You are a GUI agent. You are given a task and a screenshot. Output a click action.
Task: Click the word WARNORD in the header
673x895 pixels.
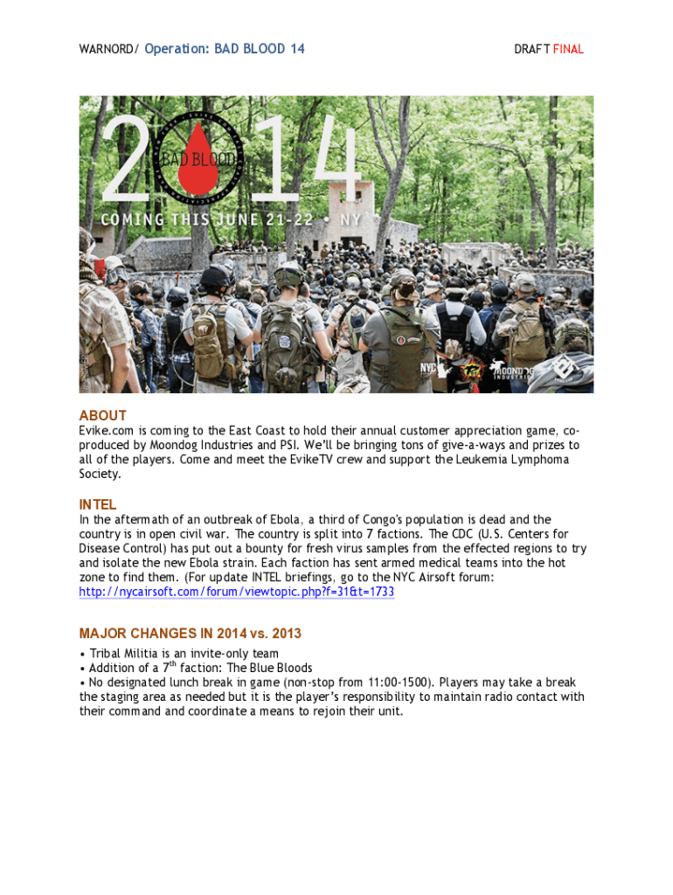coord(106,50)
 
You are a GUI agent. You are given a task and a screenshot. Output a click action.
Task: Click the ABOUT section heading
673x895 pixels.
coord(103,416)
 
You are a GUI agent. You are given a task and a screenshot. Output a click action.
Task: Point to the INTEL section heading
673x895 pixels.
coord(98,505)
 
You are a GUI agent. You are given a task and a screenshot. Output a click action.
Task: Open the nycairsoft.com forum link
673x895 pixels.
coord(236,593)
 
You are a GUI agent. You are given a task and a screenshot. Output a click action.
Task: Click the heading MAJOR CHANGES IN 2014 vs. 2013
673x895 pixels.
coord(191,634)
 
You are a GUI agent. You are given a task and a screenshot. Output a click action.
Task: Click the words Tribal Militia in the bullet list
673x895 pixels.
coord(125,654)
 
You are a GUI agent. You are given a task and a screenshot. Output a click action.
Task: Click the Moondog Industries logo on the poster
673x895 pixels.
coord(514,371)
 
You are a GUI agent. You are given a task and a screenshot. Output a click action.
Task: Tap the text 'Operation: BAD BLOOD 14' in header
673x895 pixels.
coord(225,49)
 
